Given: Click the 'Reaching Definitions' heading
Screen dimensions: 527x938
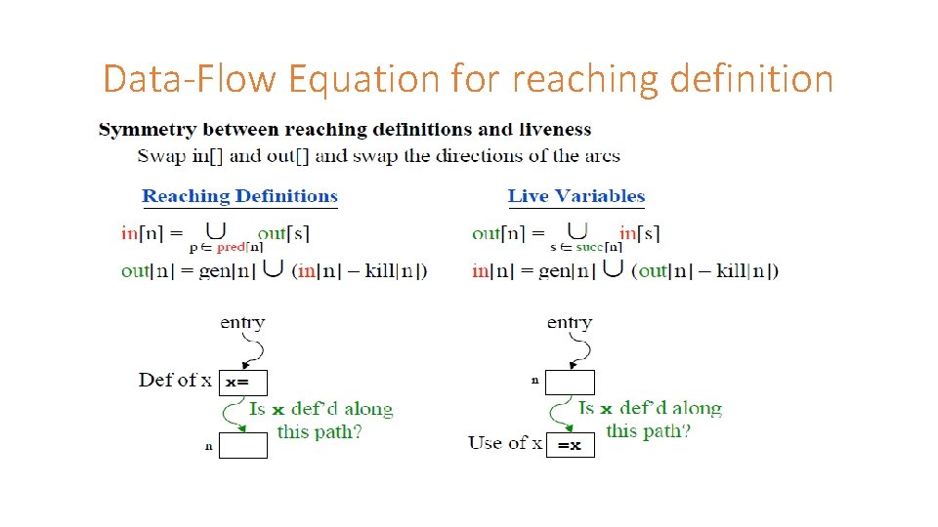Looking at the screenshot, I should pyautogui.click(x=239, y=196).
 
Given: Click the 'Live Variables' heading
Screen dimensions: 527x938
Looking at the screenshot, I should pyautogui.click(x=576, y=196).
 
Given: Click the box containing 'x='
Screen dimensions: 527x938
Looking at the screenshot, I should pyautogui.click(x=242, y=383).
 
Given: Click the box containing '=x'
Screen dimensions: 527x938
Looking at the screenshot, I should pyautogui.click(x=570, y=445).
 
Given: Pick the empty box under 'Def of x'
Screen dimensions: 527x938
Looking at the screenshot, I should pyautogui.click(x=242, y=445).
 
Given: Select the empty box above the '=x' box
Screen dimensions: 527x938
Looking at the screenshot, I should pyautogui.click(x=570, y=383).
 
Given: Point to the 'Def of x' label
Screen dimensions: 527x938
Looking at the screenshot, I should pyautogui.click(x=175, y=380).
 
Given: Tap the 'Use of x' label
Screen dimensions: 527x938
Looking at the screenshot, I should pyautogui.click(x=504, y=443).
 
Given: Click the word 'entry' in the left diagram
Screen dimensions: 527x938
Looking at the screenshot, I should pyautogui.click(x=242, y=322).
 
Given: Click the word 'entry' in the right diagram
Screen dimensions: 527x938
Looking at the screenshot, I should pyautogui.click(x=570, y=322).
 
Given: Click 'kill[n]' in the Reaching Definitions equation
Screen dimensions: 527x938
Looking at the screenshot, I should pyautogui.click(x=395, y=270).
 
